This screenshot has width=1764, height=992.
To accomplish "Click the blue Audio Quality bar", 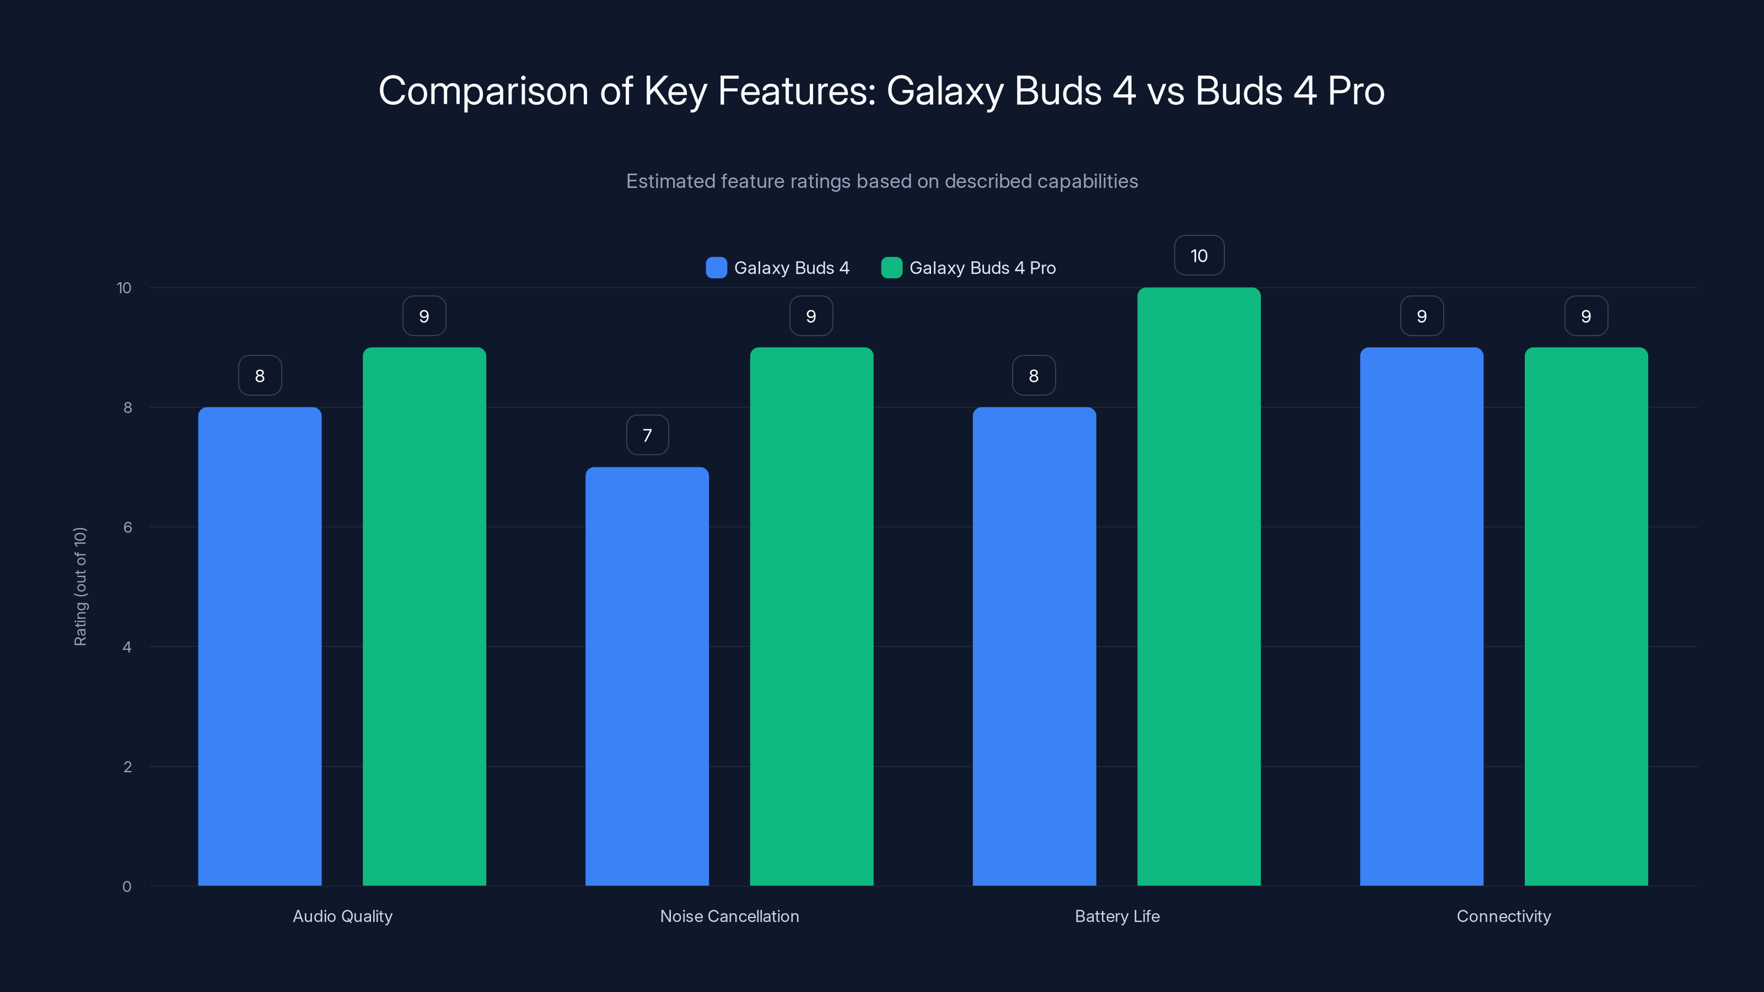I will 260,646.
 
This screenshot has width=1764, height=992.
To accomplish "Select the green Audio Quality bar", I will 424,616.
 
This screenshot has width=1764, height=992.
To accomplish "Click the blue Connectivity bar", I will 1421,616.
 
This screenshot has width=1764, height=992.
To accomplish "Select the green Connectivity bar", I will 1585,616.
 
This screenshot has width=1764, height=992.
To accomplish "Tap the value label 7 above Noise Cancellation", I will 647,435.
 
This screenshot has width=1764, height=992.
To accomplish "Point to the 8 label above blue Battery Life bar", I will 1034,375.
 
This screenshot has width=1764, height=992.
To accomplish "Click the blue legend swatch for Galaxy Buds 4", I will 716,268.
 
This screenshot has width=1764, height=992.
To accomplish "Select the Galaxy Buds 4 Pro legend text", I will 982,268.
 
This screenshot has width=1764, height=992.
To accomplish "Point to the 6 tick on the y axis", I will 127,527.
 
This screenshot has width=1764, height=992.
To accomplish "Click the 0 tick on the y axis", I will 127,887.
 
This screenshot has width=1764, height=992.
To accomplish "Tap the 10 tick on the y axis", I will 123,288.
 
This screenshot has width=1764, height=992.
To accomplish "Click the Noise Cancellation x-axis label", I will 729,916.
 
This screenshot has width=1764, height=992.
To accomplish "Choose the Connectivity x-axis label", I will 1503,916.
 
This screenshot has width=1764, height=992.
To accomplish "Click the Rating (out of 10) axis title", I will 80,587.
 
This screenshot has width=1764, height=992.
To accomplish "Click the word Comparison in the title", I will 483,91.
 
